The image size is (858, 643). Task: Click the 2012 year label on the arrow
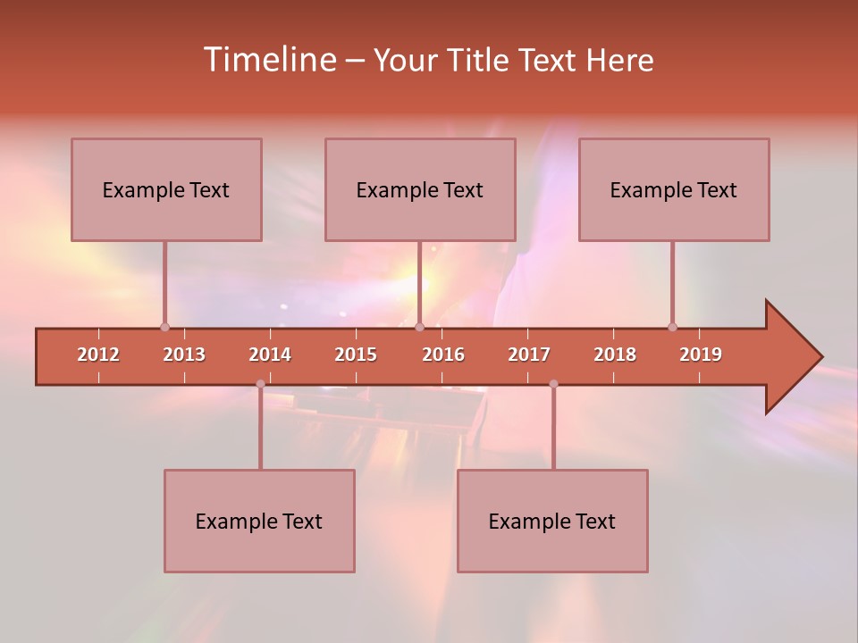point(98,355)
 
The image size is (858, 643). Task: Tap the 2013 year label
point(184,355)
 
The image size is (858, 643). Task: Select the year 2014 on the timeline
point(270,355)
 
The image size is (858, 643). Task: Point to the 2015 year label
point(356,355)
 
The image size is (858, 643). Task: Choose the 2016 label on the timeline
point(443,355)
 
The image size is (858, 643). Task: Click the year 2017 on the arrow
point(529,355)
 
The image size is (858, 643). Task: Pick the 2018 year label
point(615,355)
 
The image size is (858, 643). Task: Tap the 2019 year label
point(701,355)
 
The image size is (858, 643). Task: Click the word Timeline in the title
point(268,60)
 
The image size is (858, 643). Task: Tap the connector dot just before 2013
point(164,327)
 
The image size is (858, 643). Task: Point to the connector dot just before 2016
point(419,327)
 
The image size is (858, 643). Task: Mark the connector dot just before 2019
point(673,327)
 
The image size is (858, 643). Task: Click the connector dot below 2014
point(260,384)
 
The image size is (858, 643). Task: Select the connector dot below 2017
point(553,384)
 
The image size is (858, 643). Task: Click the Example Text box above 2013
point(166,189)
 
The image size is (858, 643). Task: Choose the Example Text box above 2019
point(674,189)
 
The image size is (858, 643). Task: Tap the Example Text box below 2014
point(259,521)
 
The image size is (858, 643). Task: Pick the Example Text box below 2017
point(552,521)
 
